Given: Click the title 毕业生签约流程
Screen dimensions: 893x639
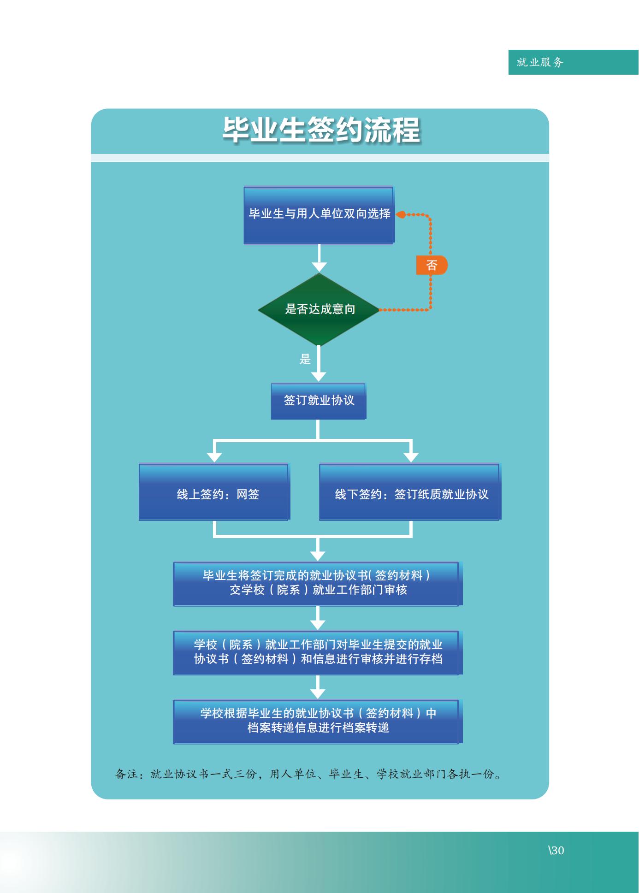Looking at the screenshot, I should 321,130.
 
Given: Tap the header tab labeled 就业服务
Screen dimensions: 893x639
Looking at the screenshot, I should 540,62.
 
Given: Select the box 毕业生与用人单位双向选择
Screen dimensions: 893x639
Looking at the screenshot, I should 319,214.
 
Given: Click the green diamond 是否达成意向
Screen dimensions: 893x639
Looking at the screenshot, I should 319,309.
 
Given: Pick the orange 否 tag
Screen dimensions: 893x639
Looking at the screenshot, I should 432,265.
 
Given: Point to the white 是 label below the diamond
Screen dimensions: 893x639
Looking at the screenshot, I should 305,359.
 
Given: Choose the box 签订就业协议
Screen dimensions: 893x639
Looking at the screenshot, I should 319,401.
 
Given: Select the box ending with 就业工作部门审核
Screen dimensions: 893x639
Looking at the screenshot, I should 317,583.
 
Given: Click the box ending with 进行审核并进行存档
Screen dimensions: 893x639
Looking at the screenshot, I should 317,652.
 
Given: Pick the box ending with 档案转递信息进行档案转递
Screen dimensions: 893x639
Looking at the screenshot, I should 317,721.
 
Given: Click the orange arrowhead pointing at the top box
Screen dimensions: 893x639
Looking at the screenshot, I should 400,214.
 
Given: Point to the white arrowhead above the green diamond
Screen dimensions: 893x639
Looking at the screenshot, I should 319,266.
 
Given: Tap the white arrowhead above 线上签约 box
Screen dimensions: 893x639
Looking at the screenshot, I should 214,456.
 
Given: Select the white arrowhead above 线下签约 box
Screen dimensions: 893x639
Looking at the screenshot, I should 411,456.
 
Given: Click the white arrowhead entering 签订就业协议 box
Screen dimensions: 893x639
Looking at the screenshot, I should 319,376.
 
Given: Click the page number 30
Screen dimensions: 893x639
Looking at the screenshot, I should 557,851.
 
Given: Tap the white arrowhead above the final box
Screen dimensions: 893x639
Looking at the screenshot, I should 318,693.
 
